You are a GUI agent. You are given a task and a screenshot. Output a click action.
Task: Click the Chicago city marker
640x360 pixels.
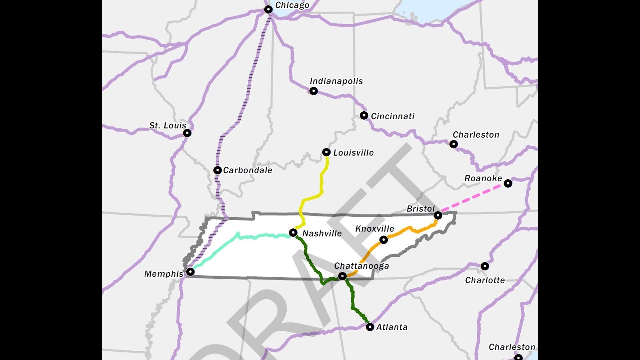click(268, 9)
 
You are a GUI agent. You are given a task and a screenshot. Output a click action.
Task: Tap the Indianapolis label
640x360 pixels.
click(336, 81)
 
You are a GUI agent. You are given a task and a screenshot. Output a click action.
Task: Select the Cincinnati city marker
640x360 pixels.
click(364, 116)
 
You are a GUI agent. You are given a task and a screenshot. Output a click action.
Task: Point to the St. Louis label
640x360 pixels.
click(167, 126)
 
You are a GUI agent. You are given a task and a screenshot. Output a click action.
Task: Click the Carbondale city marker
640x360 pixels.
click(217, 170)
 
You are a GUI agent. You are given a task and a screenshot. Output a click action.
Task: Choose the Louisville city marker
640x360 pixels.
click(326, 152)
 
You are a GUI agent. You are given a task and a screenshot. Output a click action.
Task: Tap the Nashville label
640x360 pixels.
click(322, 233)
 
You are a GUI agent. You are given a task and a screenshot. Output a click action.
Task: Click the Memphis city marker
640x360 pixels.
click(190, 272)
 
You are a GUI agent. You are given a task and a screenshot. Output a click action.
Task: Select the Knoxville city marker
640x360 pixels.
click(384, 240)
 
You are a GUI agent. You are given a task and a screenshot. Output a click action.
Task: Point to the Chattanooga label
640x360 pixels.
click(361, 266)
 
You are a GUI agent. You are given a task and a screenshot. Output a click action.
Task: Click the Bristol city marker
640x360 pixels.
click(438, 216)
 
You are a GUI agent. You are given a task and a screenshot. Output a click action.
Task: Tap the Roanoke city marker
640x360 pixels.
click(508, 183)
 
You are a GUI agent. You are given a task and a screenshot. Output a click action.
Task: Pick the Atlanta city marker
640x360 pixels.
click(370, 327)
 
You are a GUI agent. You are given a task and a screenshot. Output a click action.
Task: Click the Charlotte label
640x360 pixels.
click(485, 280)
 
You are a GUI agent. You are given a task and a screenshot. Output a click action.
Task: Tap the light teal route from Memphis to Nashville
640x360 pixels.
click(260, 236)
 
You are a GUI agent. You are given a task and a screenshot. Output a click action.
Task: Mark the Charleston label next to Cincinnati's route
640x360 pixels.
click(476, 135)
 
